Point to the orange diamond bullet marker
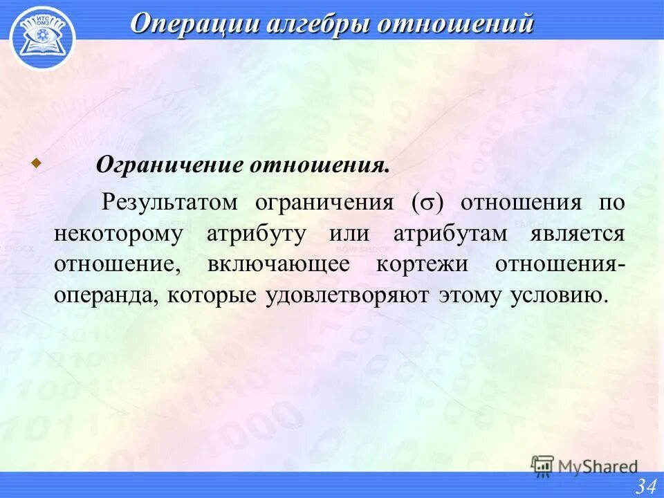point(36,163)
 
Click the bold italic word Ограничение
point(169,166)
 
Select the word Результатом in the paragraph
point(170,203)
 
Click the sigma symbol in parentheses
point(428,204)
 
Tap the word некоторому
point(118,234)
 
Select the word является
point(578,234)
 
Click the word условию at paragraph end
point(560,296)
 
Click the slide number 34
point(646,486)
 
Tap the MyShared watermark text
point(598,467)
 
